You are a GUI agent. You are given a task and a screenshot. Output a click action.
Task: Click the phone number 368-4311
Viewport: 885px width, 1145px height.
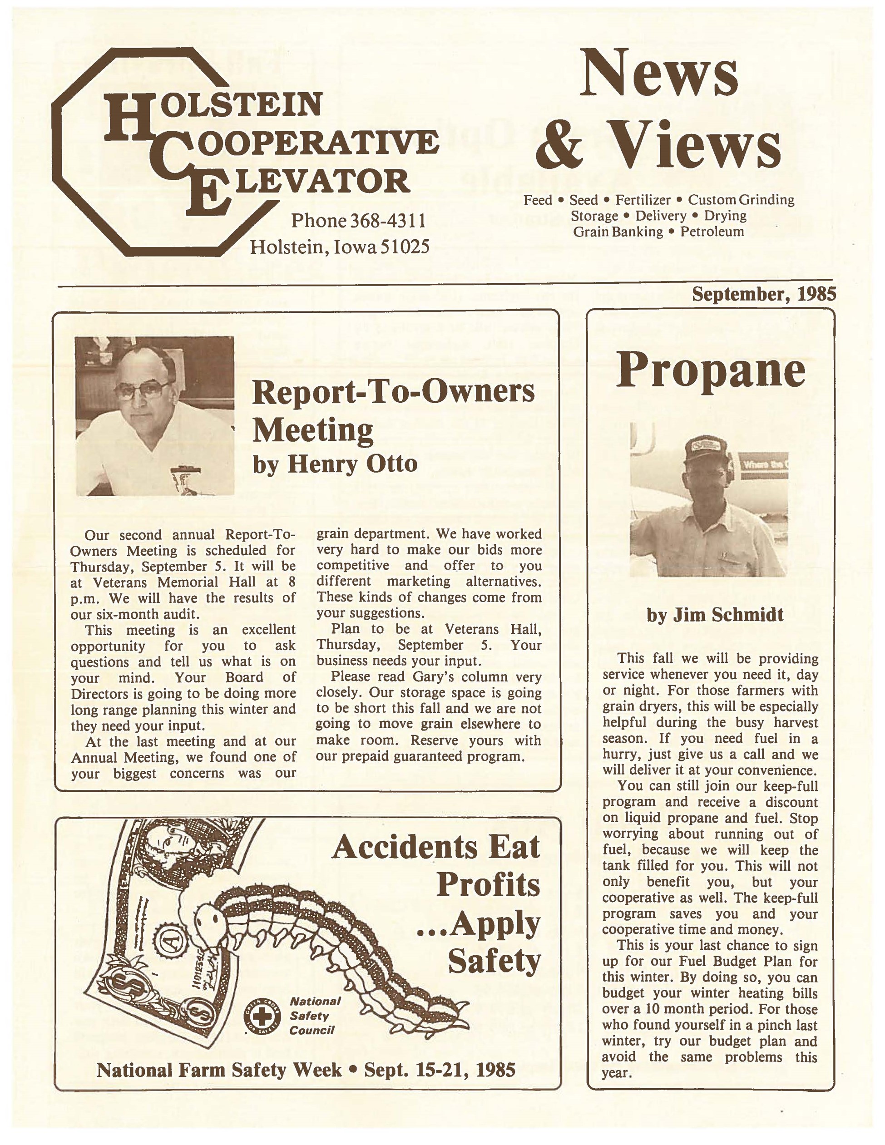coord(387,221)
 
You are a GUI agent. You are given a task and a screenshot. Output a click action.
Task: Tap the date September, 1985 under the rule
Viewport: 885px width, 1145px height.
coord(763,294)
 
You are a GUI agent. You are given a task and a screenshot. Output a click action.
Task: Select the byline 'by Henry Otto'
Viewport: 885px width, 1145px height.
coord(335,464)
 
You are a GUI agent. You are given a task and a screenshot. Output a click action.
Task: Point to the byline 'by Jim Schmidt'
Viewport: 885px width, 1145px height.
coord(715,614)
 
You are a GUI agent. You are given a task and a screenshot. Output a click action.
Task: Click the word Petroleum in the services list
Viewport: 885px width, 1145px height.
coord(712,232)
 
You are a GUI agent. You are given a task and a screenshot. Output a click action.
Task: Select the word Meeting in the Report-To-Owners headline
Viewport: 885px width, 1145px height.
coord(312,430)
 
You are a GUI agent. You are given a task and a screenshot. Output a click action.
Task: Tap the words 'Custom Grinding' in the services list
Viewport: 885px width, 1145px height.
coord(741,200)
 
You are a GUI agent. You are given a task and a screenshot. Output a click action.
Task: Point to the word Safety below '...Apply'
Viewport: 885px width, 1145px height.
coord(494,961)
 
